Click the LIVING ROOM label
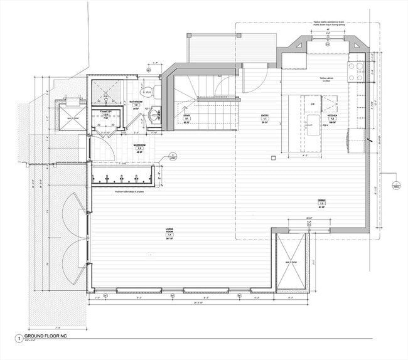(x=169, y=233)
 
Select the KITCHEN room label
(x=331, y=117)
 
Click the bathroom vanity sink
(x=154, y=115)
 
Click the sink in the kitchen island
(x=313, y=122)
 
